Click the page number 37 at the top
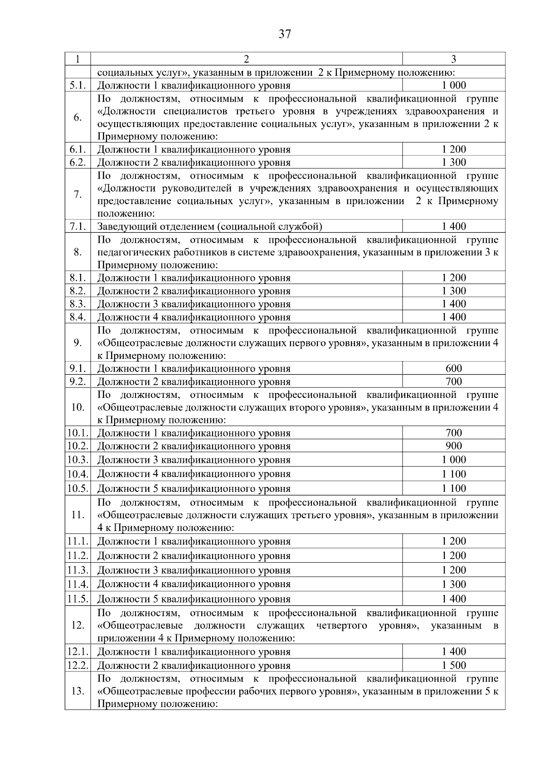pyautogui.click(x=285, y=34)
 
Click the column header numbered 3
pyautogui.click(x=453, y=59)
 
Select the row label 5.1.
pyautogui.click(x=78, y=85)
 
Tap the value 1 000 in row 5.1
pyautogui.click(x=454, y=85)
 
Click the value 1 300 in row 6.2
pyautogui.click(x=454, y=162)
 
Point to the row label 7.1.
pyautogui.click(x=78, y=226)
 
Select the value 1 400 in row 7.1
pyautogui.click(x=454, y=226)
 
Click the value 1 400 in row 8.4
pyautogui.click(x=454, y=317)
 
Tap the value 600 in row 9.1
pyautogui.click(x=454, y=368)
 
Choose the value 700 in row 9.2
pyautogui.click(x=454, y=382)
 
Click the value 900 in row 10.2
pyautogui.click(x=454, y=446)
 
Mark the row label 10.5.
pyautogui.click(x=78, y=489)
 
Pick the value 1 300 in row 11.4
pyautogui.click(x=454, y=584)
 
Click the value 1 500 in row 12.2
pyautogui.click(x=454, y=665)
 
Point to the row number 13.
pyautogui.click(x=78, y=691)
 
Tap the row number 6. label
pyautogui.click(x=78, y=118)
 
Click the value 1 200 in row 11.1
pyautogui.click(x=454, y=541)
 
